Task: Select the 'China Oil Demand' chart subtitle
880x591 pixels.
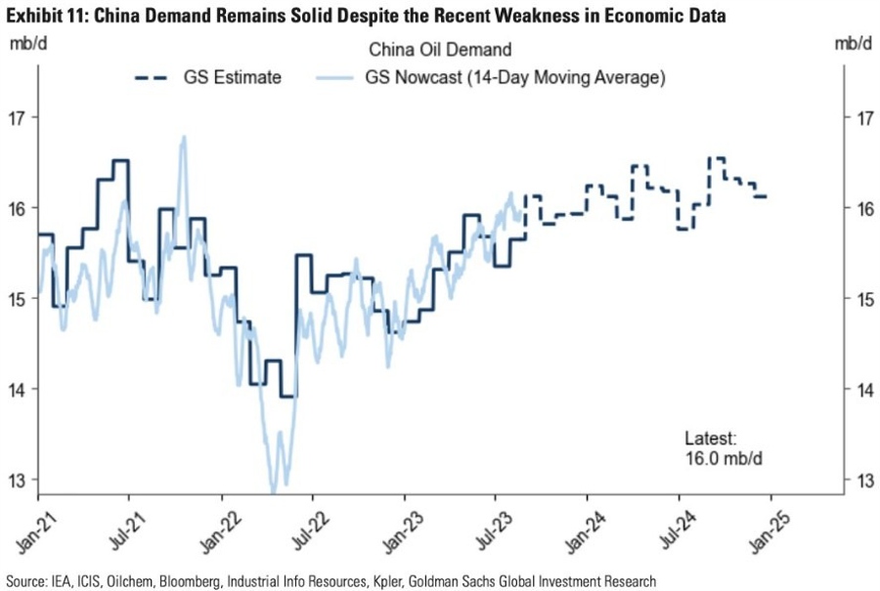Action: pyautogui.click(x=440, y=49)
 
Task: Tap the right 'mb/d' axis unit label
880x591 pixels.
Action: pyautogui.click(x=854, y=45)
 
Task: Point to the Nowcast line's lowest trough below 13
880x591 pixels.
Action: pyautogui.click(x=273, y=486)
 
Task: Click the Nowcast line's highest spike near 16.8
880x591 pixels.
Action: pyautogui.click(x=183, y=138)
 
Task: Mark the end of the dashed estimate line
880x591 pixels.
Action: pyautogui.click(x=768, y=196)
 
